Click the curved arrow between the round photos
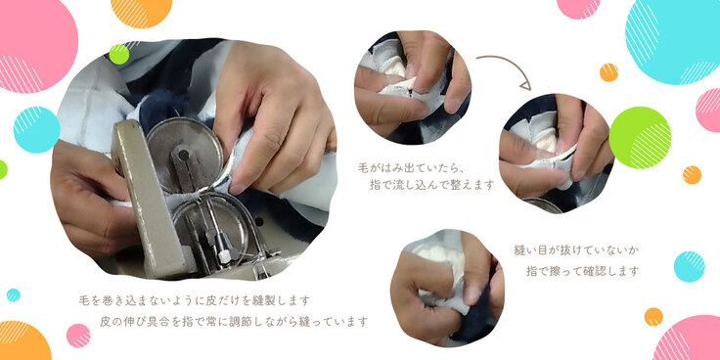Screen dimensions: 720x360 coord(511,64)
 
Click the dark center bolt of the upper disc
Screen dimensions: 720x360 coord(183,156)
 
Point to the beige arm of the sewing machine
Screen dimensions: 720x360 coord(146,199)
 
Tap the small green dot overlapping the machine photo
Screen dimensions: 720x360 coord(119,54)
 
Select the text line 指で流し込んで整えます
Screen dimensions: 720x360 coord(431,185)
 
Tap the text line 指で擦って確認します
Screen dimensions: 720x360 coord(582,271)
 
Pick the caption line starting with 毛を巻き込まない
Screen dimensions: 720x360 coord(195,300)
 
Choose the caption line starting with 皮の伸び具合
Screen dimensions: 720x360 coord(234,322)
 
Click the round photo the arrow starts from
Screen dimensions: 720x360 coord(413,87)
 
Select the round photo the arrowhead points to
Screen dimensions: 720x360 coord(557,154)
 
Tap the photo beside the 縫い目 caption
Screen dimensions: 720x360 coord(447,288)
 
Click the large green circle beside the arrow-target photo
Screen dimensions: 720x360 coord(640,138)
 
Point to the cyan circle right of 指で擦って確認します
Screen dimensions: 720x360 coord(689,267)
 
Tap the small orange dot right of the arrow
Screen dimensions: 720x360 coord(608,72)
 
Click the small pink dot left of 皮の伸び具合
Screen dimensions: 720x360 coord(78,336)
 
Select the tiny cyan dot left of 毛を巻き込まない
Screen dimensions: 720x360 coord(14,295)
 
